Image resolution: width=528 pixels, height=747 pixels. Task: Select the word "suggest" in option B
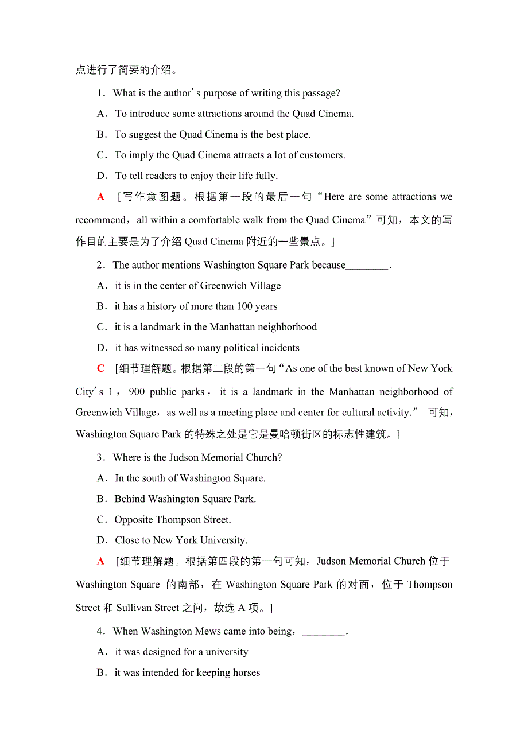coord(143,134)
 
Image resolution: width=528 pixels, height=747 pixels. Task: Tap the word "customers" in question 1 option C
coord(320,155)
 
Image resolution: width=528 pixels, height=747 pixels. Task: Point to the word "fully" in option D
coord(264,176)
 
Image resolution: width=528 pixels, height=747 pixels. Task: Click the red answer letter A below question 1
coord(101,197)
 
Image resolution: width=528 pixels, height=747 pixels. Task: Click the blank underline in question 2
coord(367,265)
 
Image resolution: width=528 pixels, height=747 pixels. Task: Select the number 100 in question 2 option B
coord(244,306)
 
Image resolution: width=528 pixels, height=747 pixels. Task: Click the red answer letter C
coord(101,368)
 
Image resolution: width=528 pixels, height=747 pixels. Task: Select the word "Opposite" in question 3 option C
coord(134,519)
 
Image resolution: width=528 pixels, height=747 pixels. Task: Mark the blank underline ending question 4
coord(324,631)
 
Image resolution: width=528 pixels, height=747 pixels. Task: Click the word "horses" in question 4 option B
coord(244,672)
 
